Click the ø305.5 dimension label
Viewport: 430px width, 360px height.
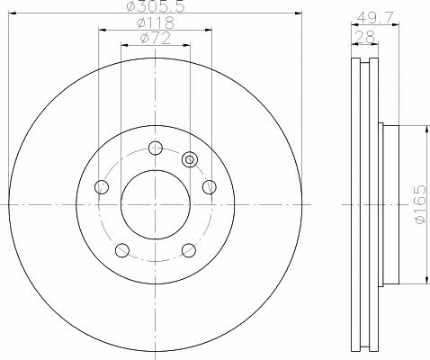coord(156,6)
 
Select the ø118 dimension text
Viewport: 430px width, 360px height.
coord(155,22)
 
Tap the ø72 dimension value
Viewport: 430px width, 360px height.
coord(156,38)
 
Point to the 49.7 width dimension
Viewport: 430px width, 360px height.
coord(375,19)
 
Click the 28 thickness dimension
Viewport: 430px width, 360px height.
coord(364,37)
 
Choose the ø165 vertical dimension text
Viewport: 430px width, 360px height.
coord(419,204)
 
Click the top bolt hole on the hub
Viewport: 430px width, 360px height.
coord(156,148)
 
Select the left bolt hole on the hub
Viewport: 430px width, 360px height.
coord(102,187)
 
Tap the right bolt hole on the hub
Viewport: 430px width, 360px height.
coord(210,187)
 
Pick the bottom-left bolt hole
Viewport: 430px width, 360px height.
coord(122,250)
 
